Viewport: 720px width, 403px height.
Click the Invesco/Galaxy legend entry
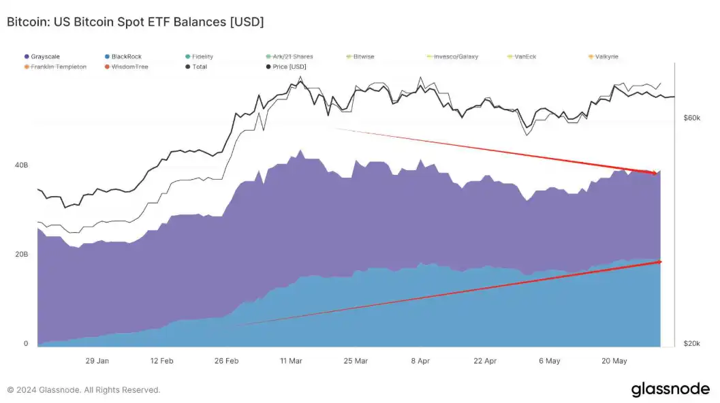453,57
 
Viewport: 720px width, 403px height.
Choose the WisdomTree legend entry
129,67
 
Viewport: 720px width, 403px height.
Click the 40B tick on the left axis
21,165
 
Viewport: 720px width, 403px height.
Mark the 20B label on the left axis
21,255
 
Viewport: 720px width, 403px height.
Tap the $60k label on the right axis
691,118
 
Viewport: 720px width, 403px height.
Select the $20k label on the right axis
691,344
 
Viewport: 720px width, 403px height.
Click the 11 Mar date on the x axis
291,361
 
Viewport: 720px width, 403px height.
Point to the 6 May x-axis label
549,361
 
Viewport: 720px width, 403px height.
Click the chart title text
135,22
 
